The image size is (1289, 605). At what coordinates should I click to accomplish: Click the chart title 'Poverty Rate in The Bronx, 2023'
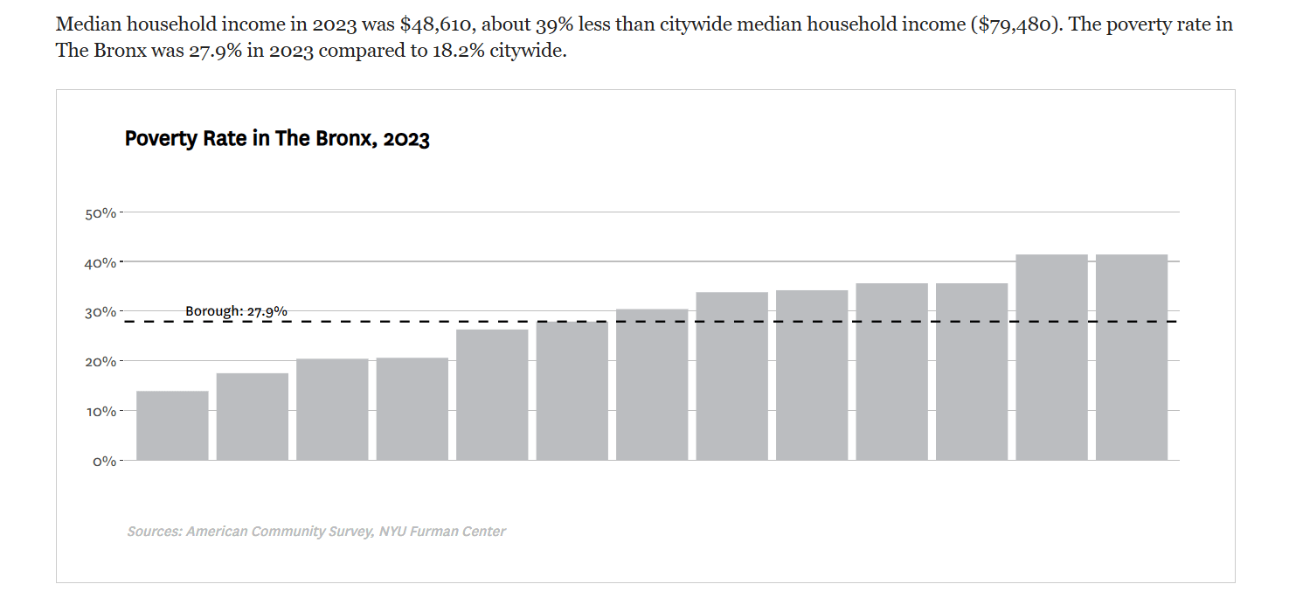click(x=277, y=139)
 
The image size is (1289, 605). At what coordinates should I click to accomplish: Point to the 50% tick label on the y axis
click(x=100, y=213)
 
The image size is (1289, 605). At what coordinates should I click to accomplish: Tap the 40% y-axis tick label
click(x=100, y=263)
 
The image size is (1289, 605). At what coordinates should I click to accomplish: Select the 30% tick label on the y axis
click(x=100, y=313)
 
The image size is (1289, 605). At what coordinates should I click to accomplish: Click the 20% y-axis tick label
click(x=100, y=362)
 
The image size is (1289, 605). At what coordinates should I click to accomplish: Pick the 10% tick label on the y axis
click(x=101, y=412)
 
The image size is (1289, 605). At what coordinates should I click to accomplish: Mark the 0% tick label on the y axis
click(x=105, y=461)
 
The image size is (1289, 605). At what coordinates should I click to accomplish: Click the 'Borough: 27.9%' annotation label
click(x=236, y=311)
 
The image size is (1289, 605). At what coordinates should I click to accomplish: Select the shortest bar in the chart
click(x=173, y=426)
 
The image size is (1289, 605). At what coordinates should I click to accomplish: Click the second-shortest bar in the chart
click(x=253, y=417)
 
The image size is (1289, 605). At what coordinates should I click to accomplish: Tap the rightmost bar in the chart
click(x=1132, y=358)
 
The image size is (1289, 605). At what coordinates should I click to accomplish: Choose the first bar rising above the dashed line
click(x=652, y=385)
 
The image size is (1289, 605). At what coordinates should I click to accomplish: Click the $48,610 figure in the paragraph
click(x=438, y=24)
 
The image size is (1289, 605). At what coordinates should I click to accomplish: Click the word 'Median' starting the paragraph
click(x=88, y=24)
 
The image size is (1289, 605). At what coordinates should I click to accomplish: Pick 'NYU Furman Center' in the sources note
click(x=442, y=531)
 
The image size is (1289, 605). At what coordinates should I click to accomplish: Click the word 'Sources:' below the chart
click(x=155, y=531)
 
